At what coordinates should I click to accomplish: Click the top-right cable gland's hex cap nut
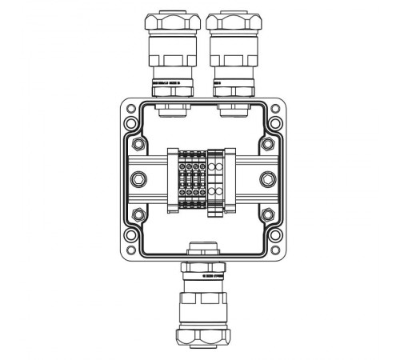[230, 22]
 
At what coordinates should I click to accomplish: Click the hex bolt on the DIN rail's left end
[137, 180]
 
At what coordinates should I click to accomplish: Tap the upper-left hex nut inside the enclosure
[140, 145]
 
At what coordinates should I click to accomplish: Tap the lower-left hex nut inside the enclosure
[140, 215]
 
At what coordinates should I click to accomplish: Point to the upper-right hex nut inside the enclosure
[266, 145]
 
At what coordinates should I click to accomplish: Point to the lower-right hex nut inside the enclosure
[266, 215]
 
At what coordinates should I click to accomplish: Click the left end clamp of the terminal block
[172, 181]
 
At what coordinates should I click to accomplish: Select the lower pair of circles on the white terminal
[217, 194]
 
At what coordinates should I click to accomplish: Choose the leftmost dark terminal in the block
[182, 181]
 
